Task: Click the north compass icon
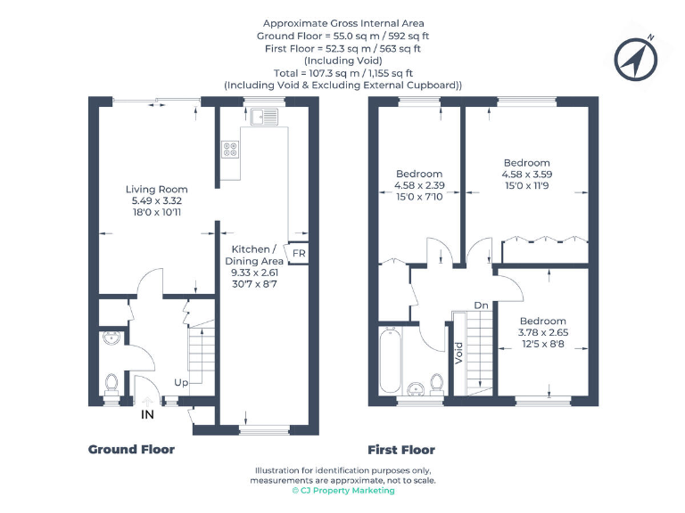coord(637,59)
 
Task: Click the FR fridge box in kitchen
coord(298,252)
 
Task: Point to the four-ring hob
coord(230,149)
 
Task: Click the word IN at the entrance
coord(148,414)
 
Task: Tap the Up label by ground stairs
coord(182,382)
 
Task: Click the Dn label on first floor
coord(481,305)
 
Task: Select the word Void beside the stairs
coord(458,354)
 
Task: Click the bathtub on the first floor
coord(391,360)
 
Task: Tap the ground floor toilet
coord(112,383)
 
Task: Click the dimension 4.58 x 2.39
coord(419,185)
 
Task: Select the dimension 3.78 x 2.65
coord(543,333)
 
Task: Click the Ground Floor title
coord(131,450)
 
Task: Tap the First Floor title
coord(401,450)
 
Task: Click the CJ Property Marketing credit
coord(343,491)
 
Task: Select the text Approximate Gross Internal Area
coord(342,23)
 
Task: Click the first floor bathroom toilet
coord(438,383)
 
